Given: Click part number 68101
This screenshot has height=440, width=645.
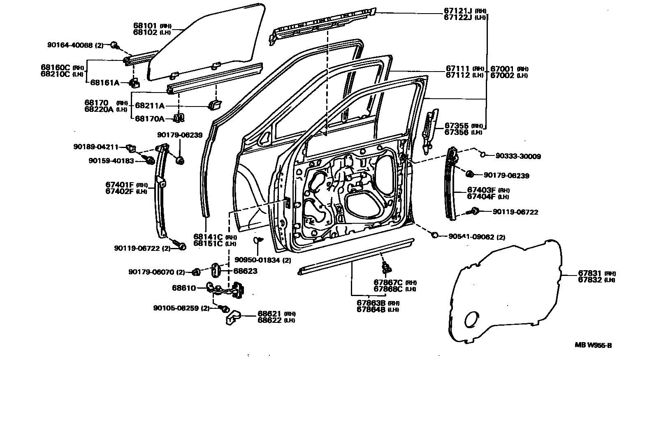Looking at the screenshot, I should (x=145, y=25).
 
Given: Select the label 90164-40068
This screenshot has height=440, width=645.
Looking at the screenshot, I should (x=70, y=45).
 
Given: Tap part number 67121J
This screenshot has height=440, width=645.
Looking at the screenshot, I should (x=458, y=11).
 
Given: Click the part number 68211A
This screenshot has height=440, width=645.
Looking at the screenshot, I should (x=150, y=106).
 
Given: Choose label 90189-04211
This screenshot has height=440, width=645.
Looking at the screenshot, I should (x=96, y=146).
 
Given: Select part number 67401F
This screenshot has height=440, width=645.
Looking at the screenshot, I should (x=120, y=185).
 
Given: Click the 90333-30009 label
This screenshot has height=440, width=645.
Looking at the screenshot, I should (x=518, y=156).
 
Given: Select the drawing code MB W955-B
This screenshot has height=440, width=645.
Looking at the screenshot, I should (x=593, y=345).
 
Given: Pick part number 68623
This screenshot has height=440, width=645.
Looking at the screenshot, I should (x=245, y=271).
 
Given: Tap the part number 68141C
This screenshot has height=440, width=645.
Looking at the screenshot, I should (x=208, y=237).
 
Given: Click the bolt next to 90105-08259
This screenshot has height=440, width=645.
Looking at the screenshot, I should (x=225, y=308).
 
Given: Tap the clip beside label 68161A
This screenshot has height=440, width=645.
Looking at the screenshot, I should (x=135, y=83).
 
